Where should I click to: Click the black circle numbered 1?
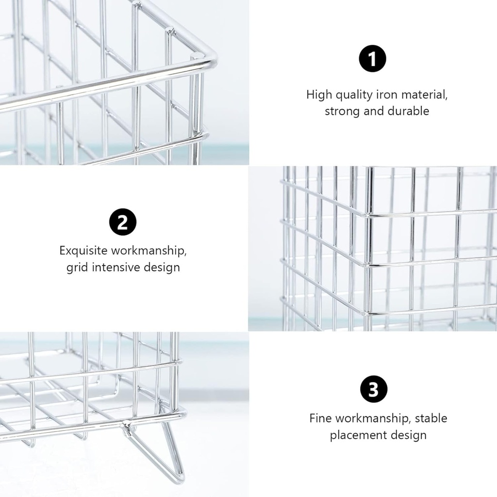click(372, 59)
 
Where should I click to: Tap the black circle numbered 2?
click(123, 222)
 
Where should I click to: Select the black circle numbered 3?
click(374, 389)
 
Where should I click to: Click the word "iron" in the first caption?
click(387, 95)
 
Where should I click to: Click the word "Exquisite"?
click(83, 251)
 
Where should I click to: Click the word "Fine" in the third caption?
click(321, 418)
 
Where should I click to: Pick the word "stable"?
click(431, 418)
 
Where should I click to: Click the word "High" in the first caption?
click(319, 95)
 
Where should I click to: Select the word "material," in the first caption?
click(424, 95)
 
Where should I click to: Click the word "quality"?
click(354, 95)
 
